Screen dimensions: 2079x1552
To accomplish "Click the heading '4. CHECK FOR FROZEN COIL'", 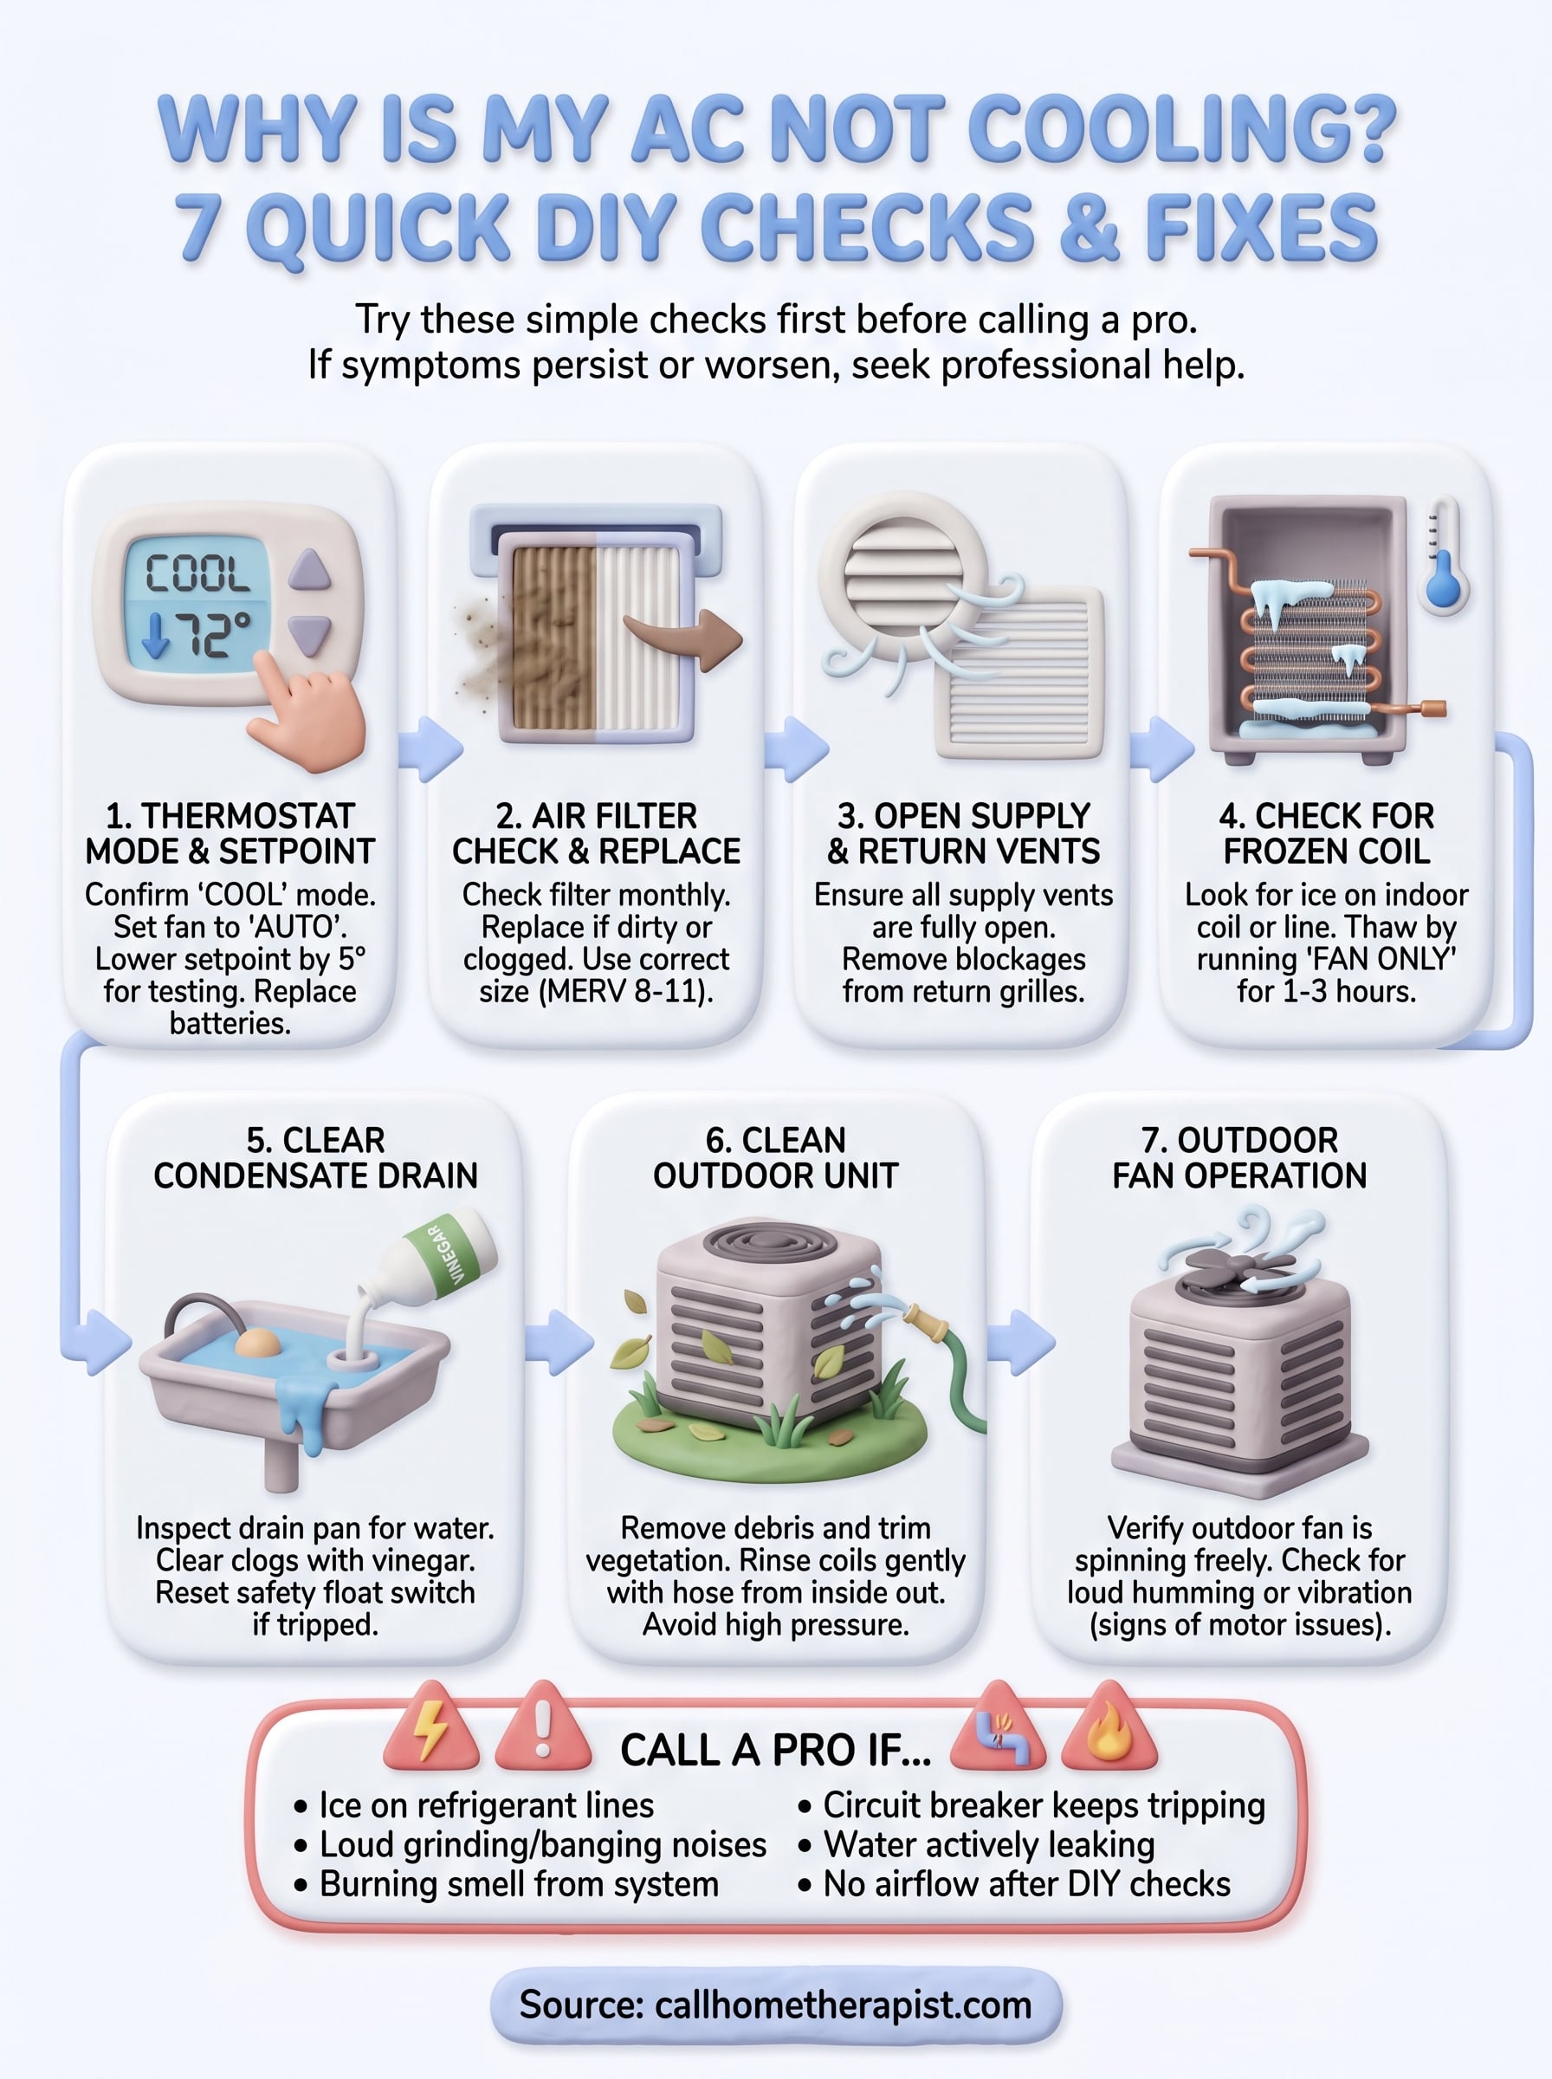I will [1326, 832].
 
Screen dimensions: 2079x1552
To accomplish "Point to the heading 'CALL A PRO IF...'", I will [775, 1750].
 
